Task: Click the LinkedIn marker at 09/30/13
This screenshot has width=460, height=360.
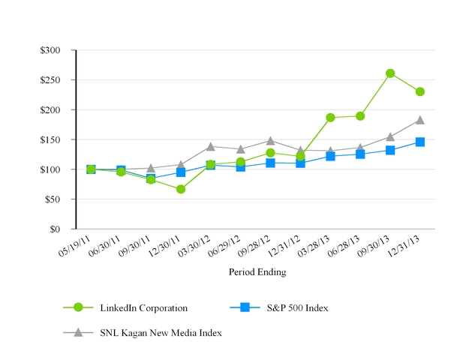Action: (390, 73)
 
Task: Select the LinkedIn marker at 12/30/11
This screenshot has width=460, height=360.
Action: (181, 189)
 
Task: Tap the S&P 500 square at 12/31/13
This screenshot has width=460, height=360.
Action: (420, 142)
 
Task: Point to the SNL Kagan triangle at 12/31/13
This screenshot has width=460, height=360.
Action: (420, 120)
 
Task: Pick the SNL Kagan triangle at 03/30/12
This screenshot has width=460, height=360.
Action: (211, 146)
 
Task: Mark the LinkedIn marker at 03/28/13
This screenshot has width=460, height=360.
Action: (330, 118)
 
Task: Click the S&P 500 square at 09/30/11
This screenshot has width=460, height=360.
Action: (151, 178)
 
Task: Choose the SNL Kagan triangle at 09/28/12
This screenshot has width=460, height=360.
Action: (270, 140)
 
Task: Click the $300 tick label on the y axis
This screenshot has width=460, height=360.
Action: (56, 50)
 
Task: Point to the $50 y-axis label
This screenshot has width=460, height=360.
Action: (59, 199)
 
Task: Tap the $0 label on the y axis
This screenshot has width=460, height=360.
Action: (62, 229)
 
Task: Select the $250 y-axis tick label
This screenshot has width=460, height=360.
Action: (56, 80)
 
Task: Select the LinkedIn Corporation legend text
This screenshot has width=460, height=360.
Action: (143, 307)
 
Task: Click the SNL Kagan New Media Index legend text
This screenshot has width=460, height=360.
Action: (161, 332)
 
